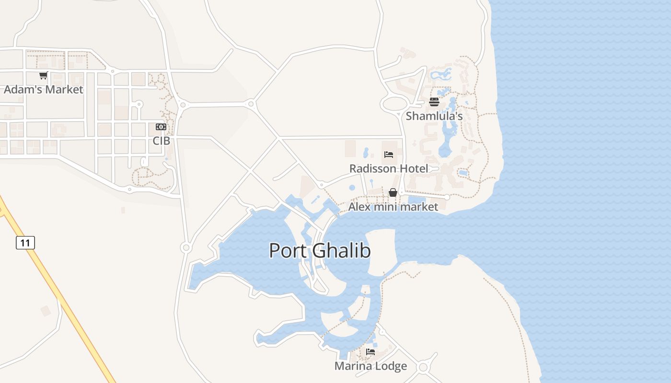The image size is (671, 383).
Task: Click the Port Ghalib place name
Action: pos(320,250)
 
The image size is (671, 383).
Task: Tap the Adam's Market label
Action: pos(44,90)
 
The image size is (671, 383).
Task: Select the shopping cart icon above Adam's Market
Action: pos(44,75)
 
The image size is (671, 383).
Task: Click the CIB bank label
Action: pos(161,141)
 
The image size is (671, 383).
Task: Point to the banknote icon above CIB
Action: pos(161,127)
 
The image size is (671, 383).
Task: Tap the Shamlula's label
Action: pos(434,116)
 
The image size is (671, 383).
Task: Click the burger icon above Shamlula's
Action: pos(434,101)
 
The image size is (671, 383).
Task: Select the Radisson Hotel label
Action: pos(389,169)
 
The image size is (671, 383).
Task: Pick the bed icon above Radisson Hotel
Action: pos(389,155)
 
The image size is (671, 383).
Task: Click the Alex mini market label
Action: pos(393,207)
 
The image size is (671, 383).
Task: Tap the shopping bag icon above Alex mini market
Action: pos(393,192)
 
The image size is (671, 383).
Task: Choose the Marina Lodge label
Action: pos(370,366)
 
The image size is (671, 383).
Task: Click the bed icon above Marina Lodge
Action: pos(370,352)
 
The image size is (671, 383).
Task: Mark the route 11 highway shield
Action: pos(25,243)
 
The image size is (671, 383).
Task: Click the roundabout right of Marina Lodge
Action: pos(423,367)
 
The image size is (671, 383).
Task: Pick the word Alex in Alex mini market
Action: pos(359,207)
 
